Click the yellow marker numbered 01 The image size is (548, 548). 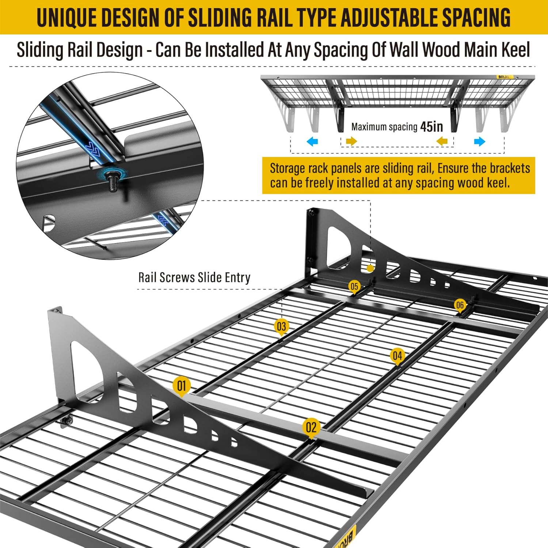(182, 386)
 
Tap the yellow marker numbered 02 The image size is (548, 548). (311, 427)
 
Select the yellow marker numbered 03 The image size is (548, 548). (281, 326)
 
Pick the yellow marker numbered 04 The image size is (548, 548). (397, 355)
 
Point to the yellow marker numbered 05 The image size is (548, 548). (354, 286)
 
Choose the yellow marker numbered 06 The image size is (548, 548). (460, 305)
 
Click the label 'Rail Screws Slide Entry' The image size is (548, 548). (194, 277)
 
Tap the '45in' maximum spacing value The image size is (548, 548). (431, 127)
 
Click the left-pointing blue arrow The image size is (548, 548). (312, 141)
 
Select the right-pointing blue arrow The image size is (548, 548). (480, 141)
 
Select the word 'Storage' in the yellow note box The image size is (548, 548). (287, 169)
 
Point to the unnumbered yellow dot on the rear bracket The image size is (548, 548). (370, 268)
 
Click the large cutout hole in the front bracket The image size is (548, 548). (88, 369)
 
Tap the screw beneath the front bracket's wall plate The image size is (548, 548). (66, 422)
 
